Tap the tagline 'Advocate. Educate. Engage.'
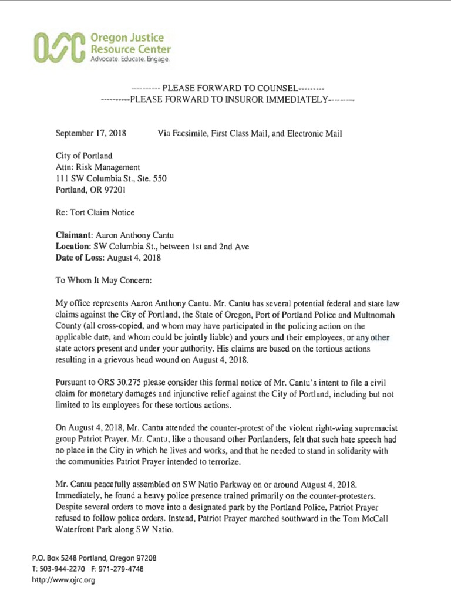point(130,60)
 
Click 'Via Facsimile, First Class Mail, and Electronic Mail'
point(250,134)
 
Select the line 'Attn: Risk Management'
point(97,167)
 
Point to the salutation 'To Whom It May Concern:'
point(104,281)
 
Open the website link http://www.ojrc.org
point(63,580)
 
